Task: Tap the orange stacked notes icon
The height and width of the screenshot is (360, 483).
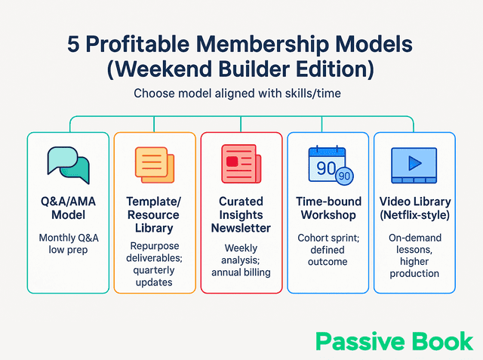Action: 155,164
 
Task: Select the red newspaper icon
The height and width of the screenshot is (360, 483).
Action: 241,164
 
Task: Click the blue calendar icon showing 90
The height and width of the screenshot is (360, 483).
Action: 328,162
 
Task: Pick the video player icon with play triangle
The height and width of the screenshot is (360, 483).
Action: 414,164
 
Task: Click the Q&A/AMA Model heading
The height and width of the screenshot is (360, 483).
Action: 68,209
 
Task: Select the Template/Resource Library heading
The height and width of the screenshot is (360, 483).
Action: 155,215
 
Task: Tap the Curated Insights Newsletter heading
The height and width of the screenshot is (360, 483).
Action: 241,215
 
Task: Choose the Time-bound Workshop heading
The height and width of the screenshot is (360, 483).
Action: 328,209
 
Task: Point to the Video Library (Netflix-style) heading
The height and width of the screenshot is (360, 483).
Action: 414,209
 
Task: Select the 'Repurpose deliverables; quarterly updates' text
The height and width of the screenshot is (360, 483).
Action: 155,263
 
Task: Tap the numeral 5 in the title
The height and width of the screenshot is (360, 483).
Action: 75,43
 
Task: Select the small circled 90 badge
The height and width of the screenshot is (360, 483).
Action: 344,177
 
